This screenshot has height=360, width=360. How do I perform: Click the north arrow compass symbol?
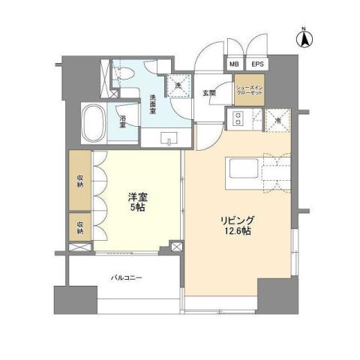click(306, 38)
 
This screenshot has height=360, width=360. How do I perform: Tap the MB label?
click(233, 65)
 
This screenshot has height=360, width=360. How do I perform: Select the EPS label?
click(256, 65)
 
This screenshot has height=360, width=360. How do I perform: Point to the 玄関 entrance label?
click(209, 94)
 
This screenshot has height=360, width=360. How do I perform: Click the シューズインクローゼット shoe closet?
click(249, 88)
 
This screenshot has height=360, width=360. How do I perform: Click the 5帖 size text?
click(136, 208)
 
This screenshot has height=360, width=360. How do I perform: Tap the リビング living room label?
click(236, 220)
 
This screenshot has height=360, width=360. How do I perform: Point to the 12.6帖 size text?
click(237, 232)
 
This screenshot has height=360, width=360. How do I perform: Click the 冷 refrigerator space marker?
click(277, 120)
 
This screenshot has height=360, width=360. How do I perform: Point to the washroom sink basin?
click(168, 138)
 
